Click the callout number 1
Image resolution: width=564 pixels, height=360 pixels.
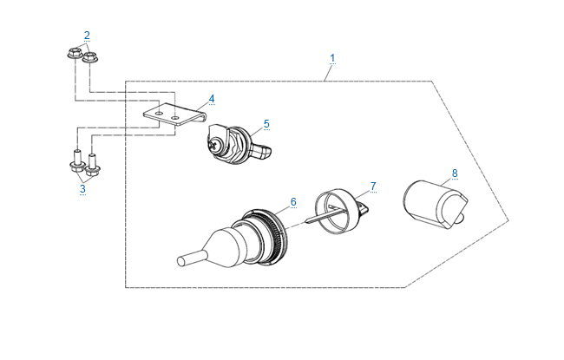pyautogui.click(x=332, y=58)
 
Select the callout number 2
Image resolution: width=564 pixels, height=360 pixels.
pyautogui.click(x=87, y=36)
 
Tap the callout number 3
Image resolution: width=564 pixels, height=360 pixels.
pyautogui.click(x=82, y=188)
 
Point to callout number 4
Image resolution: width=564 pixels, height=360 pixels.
pyautogui.click(x=212, y=99)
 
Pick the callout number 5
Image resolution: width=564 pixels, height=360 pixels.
pyautogui.click(x=266, y=124)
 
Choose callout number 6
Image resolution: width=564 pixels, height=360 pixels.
pyautogui.click(x=293, y=202)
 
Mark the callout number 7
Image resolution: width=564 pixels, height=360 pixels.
pyautogui.click(x=373, y=187)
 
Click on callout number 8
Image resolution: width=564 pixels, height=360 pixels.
pyautogui.click(x=455, y=173)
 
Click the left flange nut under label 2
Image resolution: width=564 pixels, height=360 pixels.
pyautogui.click(x=75, y=53)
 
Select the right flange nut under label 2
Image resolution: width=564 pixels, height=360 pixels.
pyautogui.click(x=90, y=57)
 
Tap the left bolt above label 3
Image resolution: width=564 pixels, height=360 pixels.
pyautogui.click(x=77, y=161)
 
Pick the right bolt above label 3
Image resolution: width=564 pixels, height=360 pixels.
pyautogui.click(x=93, y=166)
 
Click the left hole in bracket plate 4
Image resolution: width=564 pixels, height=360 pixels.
pyautogui.click(x=160, y=114)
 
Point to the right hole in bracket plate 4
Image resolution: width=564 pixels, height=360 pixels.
pyautogui.click(x=174, y=118)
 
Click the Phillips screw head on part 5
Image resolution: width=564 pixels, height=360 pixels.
pyautogui.click(x=213, y=146)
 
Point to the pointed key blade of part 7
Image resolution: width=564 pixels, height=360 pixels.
pyautogui.click(x=319, y=217)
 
